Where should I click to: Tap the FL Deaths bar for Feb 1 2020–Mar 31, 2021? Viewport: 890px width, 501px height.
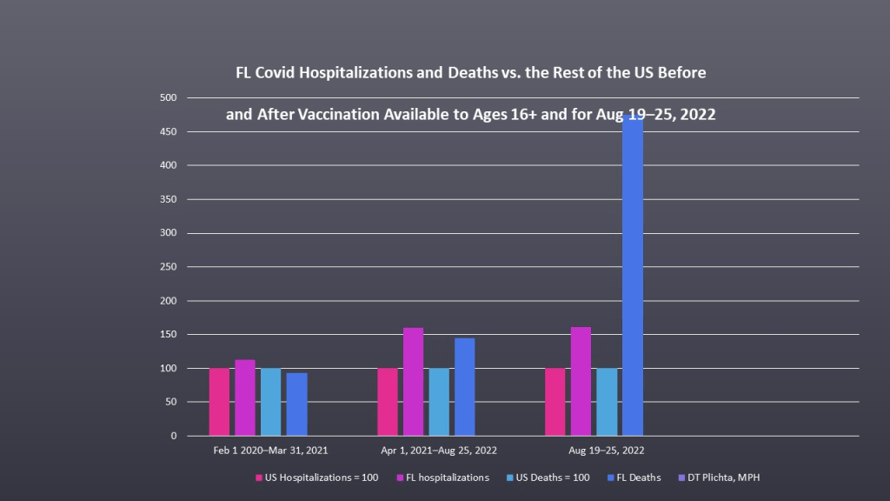pos(296,404)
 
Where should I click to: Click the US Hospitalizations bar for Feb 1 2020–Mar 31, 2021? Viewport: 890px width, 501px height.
pos(219,402)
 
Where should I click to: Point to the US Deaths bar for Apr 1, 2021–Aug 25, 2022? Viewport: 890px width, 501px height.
pos(439,402)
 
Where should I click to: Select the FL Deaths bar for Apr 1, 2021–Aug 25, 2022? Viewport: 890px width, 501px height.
pos(464,386)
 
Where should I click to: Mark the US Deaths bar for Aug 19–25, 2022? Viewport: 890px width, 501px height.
pos(607,402)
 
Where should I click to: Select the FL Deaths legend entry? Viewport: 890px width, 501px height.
pos(637,478)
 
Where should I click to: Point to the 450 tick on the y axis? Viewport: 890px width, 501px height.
pos(168,131)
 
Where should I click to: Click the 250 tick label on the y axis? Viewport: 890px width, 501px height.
pos(168,233)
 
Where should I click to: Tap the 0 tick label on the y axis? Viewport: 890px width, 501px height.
pos(174,436)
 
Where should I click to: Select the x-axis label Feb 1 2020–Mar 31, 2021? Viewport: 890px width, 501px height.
pos(270,451)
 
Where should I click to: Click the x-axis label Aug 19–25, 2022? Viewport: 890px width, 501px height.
pos(606,451)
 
